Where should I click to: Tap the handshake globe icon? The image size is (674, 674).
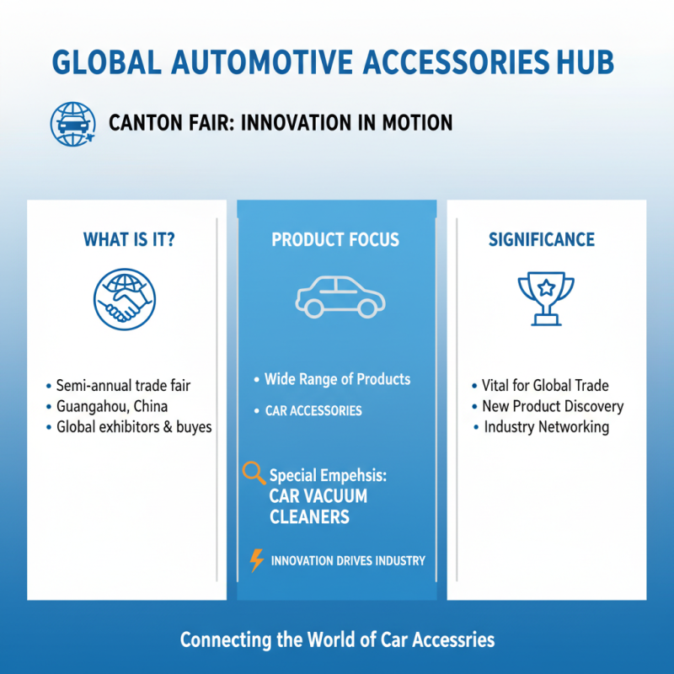(x=124, y=299)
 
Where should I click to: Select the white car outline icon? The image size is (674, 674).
(x=339, y=296)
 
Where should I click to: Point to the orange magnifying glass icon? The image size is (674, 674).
(x=253, y=473)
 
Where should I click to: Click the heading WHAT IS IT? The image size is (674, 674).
(x=128, y=240)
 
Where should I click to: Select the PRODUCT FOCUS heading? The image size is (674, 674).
(x=335, y=240)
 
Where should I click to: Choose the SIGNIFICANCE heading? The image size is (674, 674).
(x=541, y=240)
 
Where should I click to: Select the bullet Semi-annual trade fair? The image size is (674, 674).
(x=123, y=386)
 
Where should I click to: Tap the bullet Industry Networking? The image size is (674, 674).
(x=546, y=427)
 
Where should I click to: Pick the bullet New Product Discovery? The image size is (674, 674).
(x=553, y=406)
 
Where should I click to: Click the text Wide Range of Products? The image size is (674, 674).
(x=337, y=379)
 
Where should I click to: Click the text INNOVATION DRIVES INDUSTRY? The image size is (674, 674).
(x=348, y=561)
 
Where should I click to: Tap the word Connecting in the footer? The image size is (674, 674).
(x=226, y=640)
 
